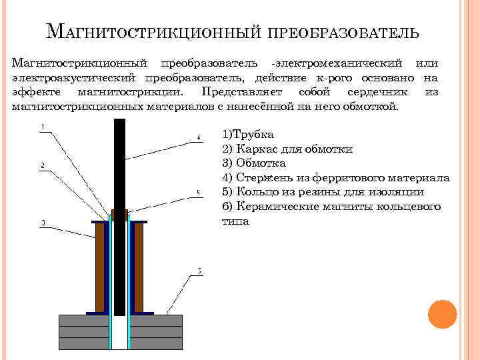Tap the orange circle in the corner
(x=442, y=313)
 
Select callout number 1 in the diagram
(x=43, y=127)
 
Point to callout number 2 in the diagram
(x=43, y=165)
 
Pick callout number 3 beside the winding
(x=43, y=223)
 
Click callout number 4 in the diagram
(x=198, y=138)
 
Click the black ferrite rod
(x=120, y=167)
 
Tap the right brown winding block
(x=139, y=267)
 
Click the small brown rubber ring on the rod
(x=120, y=215)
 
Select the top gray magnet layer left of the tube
(x=84, y=320)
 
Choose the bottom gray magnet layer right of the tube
(x=156, y=343)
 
